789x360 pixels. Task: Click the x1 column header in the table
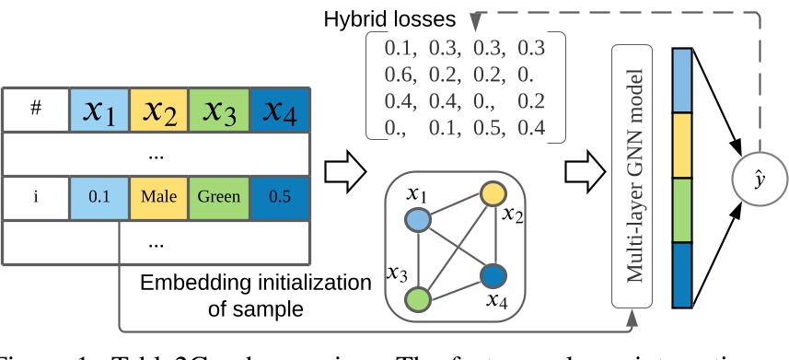pos(99,110)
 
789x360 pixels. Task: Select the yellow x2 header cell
pos(159,110)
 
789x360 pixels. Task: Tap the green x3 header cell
pos(218,110)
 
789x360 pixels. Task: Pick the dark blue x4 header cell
pos(279,110)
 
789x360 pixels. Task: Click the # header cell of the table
pos(36,110)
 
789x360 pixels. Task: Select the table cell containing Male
pos(159,197)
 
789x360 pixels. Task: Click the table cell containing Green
pos(218,197)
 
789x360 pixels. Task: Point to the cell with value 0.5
pos(279,197)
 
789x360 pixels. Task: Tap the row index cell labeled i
pos(36,197)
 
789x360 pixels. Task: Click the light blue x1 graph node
pos(419,220)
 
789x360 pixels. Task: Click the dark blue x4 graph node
pos(493,275)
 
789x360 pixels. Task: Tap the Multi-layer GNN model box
pos(632,175)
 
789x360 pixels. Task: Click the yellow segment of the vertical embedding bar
pos(681,145)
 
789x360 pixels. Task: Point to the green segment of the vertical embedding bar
pos(681,211)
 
